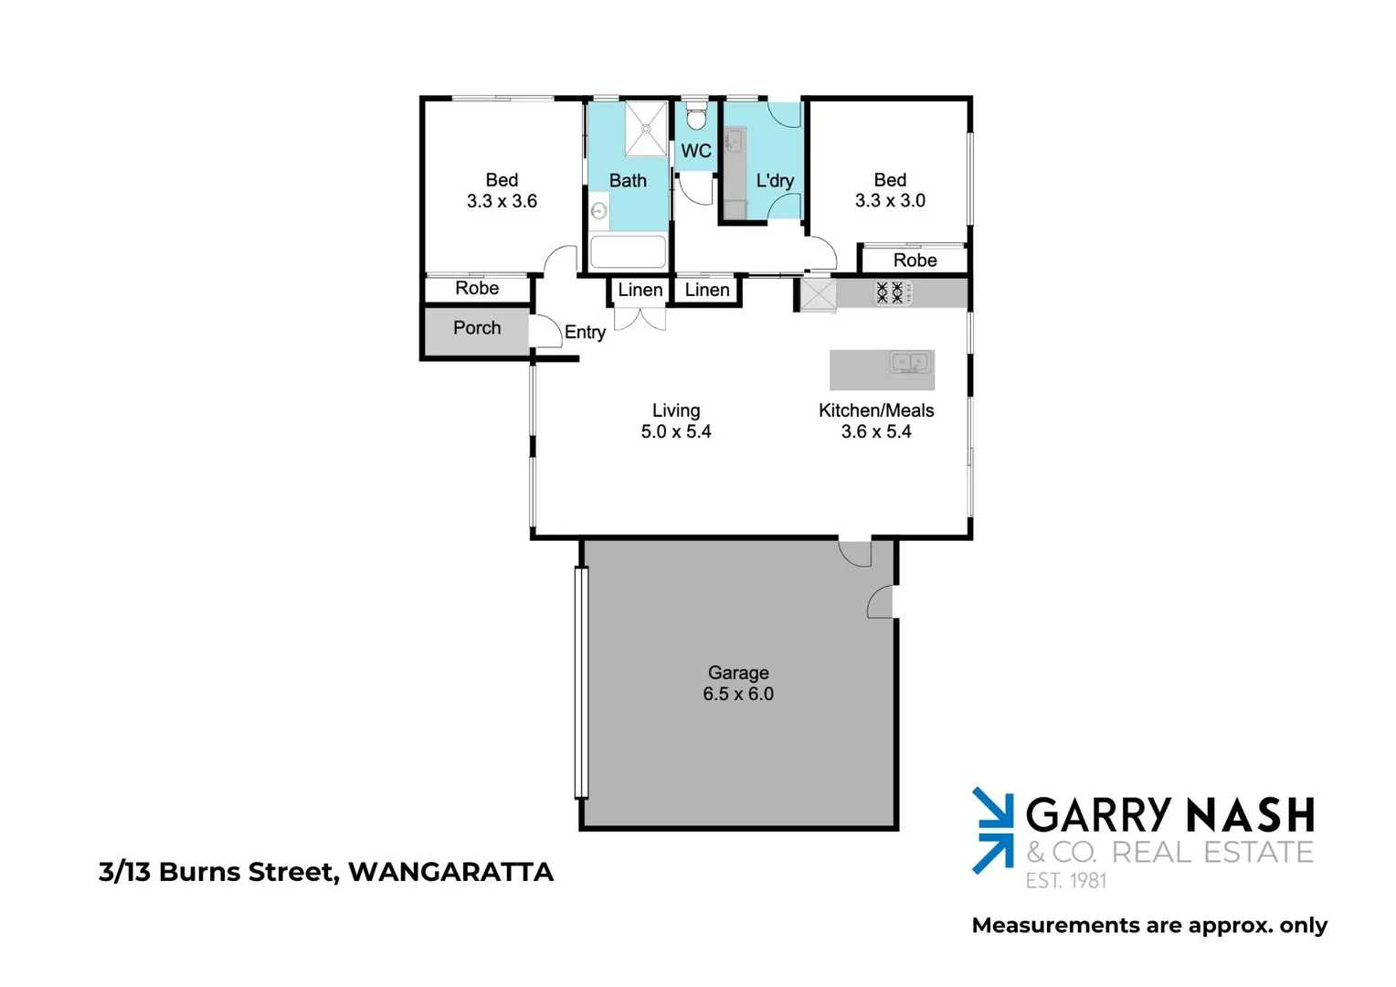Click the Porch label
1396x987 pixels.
click(x=477, y=328)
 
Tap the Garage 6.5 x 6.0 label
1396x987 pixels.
click(x=738, y=684)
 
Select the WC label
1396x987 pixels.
click(x=696, y=152)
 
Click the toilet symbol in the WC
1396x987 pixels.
click(x=696, y=117)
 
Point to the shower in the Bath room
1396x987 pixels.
click(x=646, y=129)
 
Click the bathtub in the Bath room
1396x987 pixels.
click(x=629, y=251)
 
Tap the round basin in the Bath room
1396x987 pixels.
click(x=598, y=211)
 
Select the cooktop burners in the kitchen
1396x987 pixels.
click(x=890, y=292)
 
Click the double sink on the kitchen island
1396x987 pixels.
click(x=909, y=364)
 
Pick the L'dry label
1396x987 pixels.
click(x=775, y=181)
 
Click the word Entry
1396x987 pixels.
click(x=585, y=333)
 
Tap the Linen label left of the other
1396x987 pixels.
click(x=640, y=291)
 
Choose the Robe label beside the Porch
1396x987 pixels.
click(x=477, y=289)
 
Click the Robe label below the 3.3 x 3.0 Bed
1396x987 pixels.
click(x=915, y=260)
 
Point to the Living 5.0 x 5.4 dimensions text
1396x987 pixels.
click(x=676, y=432)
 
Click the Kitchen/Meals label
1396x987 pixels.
click(x=876, y=411)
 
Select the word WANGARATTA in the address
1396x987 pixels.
click(x=451, y=872)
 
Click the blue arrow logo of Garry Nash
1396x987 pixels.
click(x=993, y=830)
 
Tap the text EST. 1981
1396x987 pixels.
click(x=1065, y=881)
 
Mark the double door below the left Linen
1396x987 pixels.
click(x=640, y=318)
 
